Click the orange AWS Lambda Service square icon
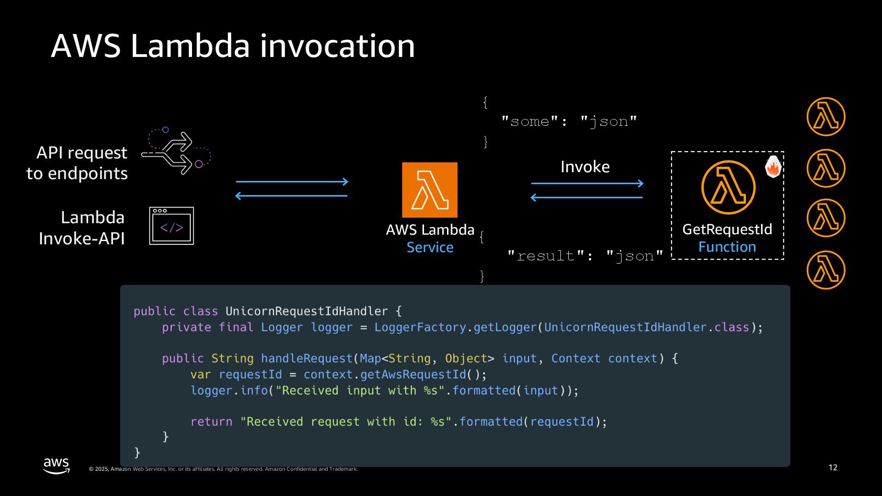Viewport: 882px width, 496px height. [430, 190]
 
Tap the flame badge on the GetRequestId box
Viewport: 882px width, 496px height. [773, 167]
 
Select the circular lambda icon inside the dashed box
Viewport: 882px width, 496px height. [728, 187]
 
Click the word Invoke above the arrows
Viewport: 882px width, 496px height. [585, 167]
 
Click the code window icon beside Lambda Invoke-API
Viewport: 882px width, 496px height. [171, 226]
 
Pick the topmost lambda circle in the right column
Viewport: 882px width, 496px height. [825, 117]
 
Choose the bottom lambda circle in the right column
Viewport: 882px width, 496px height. [825, 270]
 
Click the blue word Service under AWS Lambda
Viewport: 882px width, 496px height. [430, 248]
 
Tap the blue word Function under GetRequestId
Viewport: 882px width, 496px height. [727, 247]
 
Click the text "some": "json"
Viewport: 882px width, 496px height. [569, 122]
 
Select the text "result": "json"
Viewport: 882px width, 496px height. [585, 256]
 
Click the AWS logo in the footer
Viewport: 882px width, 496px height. [57, 465]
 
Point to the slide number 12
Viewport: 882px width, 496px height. [833, 468]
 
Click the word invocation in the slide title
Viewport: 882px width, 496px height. [337, 46]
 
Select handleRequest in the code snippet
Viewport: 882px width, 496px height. [306, 359]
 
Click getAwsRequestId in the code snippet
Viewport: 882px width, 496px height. [413, 375]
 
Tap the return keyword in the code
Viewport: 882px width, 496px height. [211, 422]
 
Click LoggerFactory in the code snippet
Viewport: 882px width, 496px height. [420, 327]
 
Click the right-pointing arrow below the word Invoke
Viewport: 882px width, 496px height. [587, 184]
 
